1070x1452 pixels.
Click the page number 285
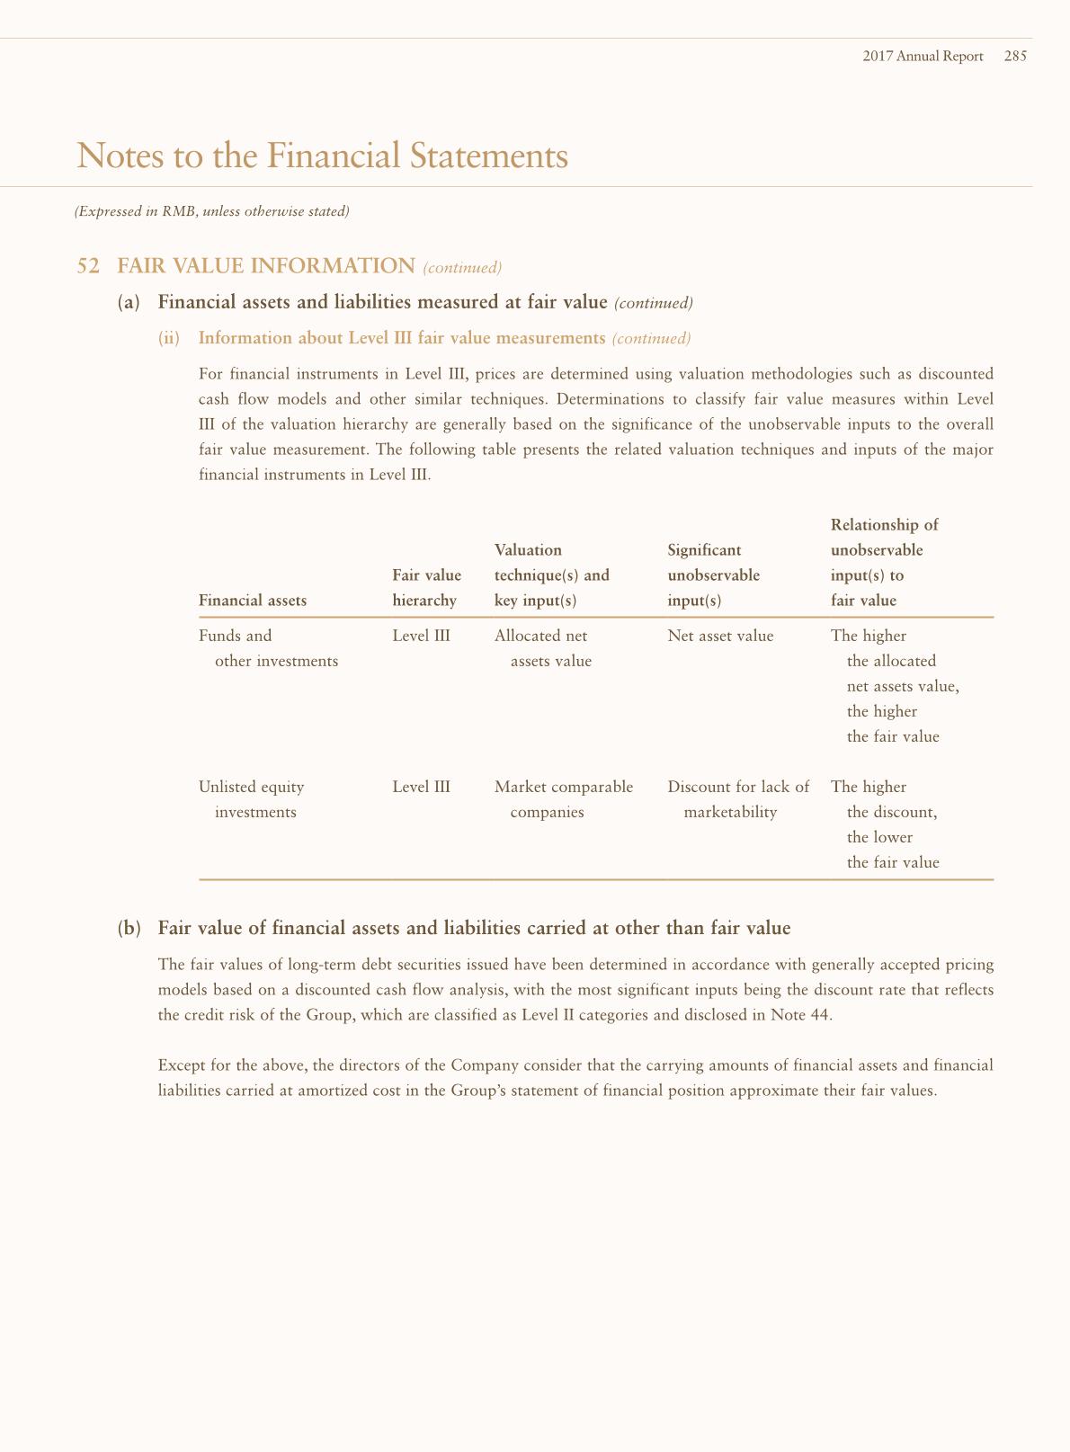pyautogui.click(x=1015, y=56)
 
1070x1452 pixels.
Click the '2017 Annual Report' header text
pyautogui.click(x=923, y=56)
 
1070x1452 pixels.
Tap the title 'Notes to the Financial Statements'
pyautogui.click(x=323, y=156)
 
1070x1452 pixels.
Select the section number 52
pyautogui.click(x=88, y=266)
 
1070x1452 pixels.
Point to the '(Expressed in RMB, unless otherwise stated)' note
pyautogui.click(x=211, y=211)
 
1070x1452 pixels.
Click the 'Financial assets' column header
pyautogui.click(x=252, y=601)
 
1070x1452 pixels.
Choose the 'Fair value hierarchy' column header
pyautogui.click(x=426, y=588)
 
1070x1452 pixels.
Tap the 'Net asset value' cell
pyautogui.click(x=720, y=636)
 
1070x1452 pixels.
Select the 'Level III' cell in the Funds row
pyautogui.click(x=421, y=636)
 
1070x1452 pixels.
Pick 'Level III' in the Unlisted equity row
pyautogui.click(x=421, y=787)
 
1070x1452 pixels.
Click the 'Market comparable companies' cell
pyautogui.click(x=563, y=799)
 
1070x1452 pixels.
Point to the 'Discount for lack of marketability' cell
pyautogui.click(x=737, y=799)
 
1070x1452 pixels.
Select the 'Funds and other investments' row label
pyautogui.click(x=268, y=648)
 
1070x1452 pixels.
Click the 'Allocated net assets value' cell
pyautogui.click(x=543, y=648)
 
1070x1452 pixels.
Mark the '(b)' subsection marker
pyautogui.click(x=129, y=928)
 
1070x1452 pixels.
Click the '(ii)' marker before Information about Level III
pyautogui.click(x=169, y=338)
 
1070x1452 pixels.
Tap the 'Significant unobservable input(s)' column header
pyautogui.click(x=713, y=575)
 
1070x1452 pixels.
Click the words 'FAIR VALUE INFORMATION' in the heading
pyautogui.click(x=266, y=266)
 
